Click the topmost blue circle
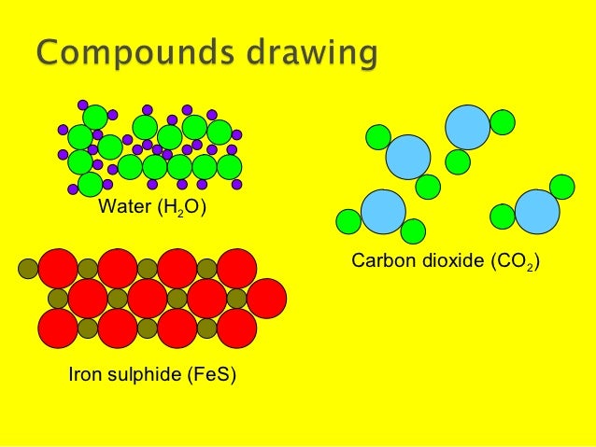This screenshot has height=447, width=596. pos(468,127)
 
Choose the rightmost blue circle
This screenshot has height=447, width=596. pos(537,212)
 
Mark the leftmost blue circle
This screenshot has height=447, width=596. pos(383,212)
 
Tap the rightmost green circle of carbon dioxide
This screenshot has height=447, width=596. pos(562,187)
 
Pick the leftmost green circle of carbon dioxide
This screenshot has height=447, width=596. pos(348,221)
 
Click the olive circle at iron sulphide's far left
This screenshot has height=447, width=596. pos(29,269)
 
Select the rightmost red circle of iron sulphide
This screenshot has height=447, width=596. pos(267,298)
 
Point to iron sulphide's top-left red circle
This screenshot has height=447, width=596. pos(58,269)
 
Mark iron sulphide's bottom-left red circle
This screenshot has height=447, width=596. pos(58,328)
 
